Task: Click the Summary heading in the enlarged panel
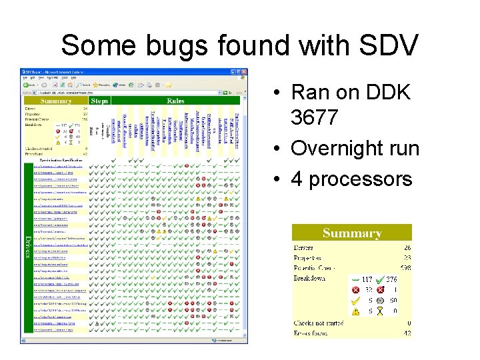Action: [352, 233]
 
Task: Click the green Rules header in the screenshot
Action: [175, 101]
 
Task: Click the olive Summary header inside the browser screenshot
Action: [56, 101]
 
